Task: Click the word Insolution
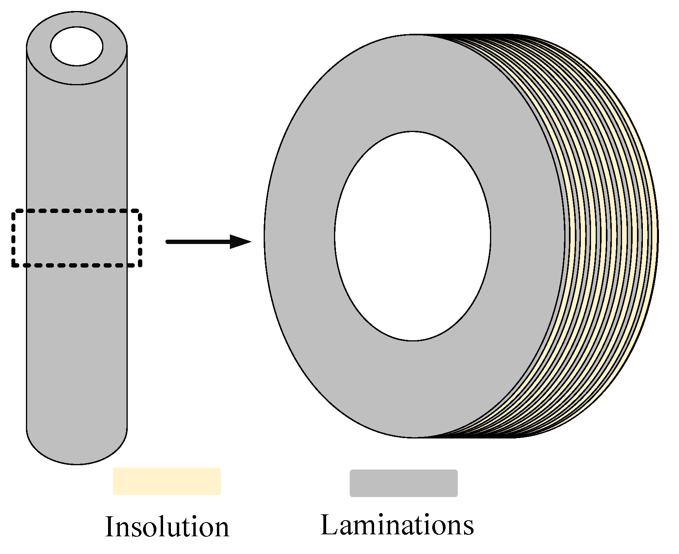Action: pyautogui.click(x=167, y=526)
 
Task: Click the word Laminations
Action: pyautogui.click(x=397, y=525)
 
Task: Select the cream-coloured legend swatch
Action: pyautogui.click(x=167, y=481)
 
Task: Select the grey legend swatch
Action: pyautogui.click(x=404, y=483)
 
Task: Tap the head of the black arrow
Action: pyautogui.click(x=240, y=242)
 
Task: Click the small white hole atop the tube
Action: pyautogui.click(x=77, y=46)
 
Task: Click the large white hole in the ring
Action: pyautogui.click(x=413, y=236)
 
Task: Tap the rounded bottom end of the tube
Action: pyautogui.click(x=77, y=452)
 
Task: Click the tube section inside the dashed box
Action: pyautogui.click(x=77, y=239)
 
